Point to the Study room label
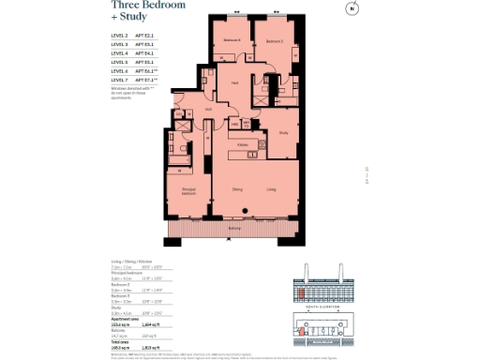point(283,132)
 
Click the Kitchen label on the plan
point(242,144)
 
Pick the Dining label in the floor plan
point(237,190)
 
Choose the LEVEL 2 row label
point(119,37)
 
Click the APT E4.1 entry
point(144,53)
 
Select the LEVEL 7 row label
point(119,80)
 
